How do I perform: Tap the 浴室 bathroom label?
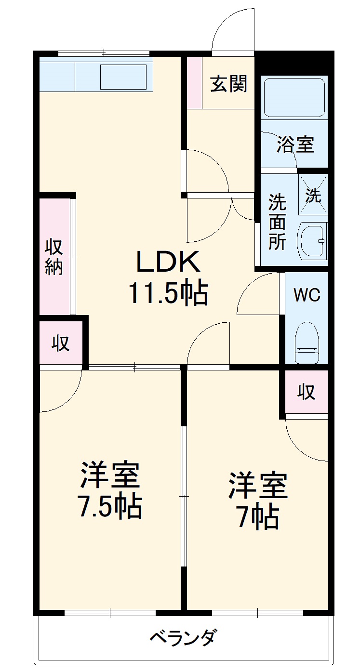click(295, 144)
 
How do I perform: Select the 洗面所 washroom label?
click(277, 222)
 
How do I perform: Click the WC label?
click(307, 295)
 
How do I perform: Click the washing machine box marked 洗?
click(313, 195)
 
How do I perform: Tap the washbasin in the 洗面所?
click(312, 240)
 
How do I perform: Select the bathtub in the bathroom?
click(294, 96)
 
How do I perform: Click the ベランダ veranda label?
click(181, 639)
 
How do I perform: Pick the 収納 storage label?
click(54, 256)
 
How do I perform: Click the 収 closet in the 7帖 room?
click(306, 392)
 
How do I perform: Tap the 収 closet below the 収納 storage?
click(61, 343)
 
